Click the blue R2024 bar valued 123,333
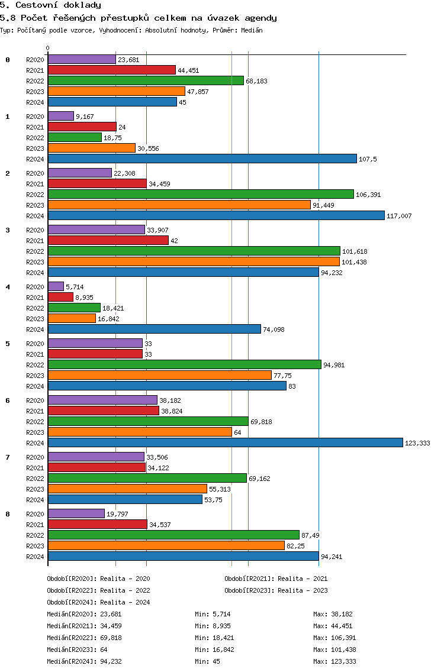tap(225, 442)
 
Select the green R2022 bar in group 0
tap(146, 80)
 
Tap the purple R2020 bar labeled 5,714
tap(56, 286)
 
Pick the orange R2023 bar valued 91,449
tap(179, 205)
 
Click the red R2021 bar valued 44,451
tap(111, 70)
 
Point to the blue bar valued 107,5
tap(202, 159)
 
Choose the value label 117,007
tap(399, 216)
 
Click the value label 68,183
tap(257, 81)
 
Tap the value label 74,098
tap(274, 329)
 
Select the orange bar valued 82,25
tap(166, 545)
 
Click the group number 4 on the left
tap(8, 287)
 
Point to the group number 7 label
tap(8, 457)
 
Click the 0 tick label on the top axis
tap(48, 48)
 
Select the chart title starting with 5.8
tap(139, 18)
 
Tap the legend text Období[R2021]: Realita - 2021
tap(276, 579)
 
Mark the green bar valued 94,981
tap(184, 364)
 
